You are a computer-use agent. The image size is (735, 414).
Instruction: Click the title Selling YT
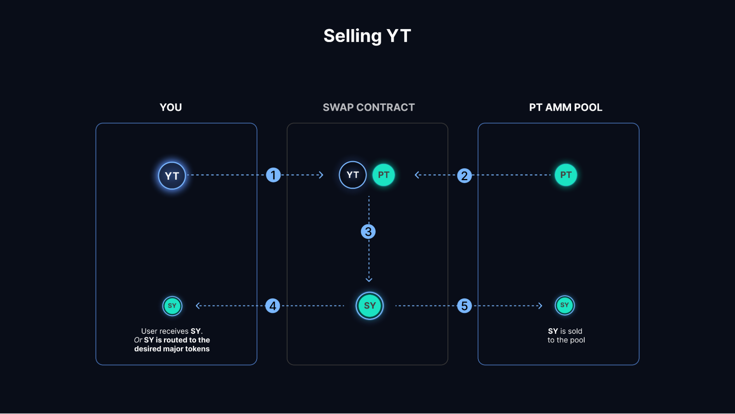click(x=367, y=36)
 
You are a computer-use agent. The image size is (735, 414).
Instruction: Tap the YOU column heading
click(x=171, y=107)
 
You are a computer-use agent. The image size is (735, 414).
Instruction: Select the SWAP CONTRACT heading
click(x=368, y=107)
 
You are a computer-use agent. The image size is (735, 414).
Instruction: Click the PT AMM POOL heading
click(x=565, y=107)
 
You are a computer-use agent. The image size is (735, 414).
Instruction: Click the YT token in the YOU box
click(x=172, y=176)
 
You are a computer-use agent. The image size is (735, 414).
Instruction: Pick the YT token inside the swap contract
click(x=352, y=175)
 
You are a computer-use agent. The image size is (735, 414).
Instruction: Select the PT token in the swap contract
click(x=383, y=175)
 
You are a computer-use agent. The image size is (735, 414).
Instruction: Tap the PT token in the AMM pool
click(x=565, y=175)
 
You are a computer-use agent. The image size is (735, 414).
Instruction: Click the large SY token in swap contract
click(x=370, y=306)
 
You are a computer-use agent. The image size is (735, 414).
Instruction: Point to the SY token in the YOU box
click(x=172, y=306)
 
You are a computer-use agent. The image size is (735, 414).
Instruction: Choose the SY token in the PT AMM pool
click(x=564, y=305)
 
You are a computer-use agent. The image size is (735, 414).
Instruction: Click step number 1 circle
click(x=273, y=175)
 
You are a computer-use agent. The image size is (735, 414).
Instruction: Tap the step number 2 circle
click(x=464, y=175)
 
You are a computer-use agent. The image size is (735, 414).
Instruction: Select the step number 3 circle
click(x=368, y=232)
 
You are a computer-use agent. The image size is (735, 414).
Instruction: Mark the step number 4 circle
click(x=272, y=306)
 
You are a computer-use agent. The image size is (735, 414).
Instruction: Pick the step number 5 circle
click(x=464, y=306)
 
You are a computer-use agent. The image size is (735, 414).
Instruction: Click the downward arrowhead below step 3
click(x=369, y=280)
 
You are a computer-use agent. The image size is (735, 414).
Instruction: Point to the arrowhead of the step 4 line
click(x=198, y=306)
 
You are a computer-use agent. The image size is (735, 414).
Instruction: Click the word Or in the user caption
click(x=138, y=340)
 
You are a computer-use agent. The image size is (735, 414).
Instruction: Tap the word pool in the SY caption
click(x=577, y=340)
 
